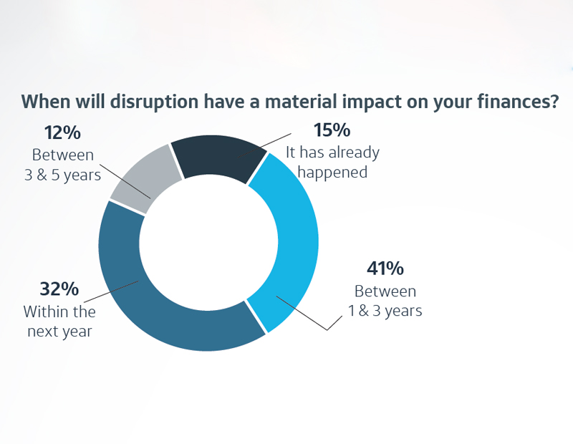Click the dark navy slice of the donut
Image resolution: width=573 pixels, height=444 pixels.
point(218,158)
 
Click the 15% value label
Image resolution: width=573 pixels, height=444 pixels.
point(332,130)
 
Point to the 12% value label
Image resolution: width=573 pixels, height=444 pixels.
point(62,132)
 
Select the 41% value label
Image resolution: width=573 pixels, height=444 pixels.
point(385,269)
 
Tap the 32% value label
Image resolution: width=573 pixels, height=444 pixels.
point(59,289)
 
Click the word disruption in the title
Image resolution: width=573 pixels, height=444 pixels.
point(154,102)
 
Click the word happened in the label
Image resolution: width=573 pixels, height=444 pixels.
point(332,173)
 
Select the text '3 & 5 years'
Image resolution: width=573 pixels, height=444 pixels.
point(62,175)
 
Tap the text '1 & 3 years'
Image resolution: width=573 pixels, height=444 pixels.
point(385,311)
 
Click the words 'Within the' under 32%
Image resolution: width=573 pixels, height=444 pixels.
point(59,312)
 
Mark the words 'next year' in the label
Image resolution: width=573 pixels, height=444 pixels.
point(59,332)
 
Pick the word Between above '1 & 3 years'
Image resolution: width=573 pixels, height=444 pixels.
point(385,291)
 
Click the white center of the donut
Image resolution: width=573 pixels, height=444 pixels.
point(208,242)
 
